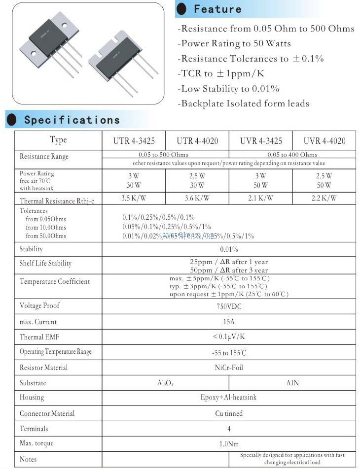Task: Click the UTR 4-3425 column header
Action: pyautogui.click(x=134, y=141)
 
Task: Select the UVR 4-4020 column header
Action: pyautogui.click(x=324, y=141)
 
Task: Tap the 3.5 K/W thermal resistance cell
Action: pyautogui.click(x=134, y=199)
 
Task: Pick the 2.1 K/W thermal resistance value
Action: pyautogui.click(x=261, y=199)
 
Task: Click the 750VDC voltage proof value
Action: pyautogui.click(x=229, y=306)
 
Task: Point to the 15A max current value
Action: pyautogui.click(x=229, y=322)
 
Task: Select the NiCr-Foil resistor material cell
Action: pyautogui.click(x=229, y=368)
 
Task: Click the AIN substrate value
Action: pyautogui.click(x=292, y=383)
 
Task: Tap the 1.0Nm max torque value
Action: pyautogui.click(x=229, y=444)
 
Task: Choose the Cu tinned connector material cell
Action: pyautogui.click(x=229, y=413)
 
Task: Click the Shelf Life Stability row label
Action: pyautogui.click(x=45, y=264)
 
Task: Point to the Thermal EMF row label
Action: pyautogui.click(x=38, y=337)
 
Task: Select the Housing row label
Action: pyautogui.click(x=32, y=398)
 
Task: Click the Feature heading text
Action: pyautogui.click(x=217, y=9)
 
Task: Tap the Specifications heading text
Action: pyautogui.click(x=72, y=120)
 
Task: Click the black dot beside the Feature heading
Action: pyautogui.click(x=182, y=9)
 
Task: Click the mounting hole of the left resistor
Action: pyautogui.click(x=34, y=53)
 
